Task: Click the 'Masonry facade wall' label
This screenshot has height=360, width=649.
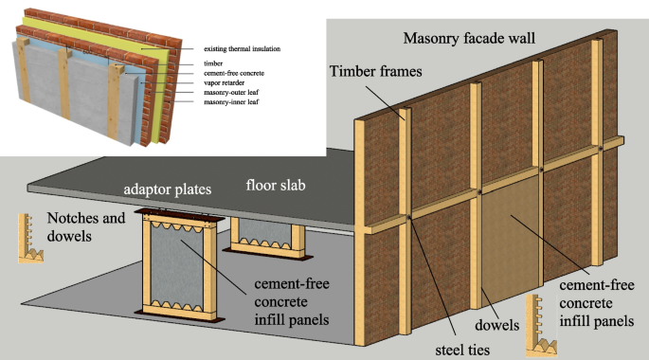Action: pyautogui.click(x=469, y=39)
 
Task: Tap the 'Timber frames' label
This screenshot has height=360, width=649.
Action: pyautogui.click(x=376, y=71)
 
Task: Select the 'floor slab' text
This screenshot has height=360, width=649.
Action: pyautogui.click(x=276, y=185)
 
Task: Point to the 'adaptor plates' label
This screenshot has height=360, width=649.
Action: pyautogui.click(x=167, y=189)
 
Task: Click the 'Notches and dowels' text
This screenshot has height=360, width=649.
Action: pyautogui.click(x=86, y=226)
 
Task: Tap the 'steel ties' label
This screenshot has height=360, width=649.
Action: pyautogui.click(x=462, y=351)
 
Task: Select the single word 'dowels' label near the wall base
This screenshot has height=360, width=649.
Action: pyautogui.click(x=496, y=325)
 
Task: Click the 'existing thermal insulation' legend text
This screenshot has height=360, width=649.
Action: pyautogui.click(x=243, y=49)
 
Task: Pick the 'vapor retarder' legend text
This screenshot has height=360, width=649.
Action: pyautogui.click(x=224, y=82)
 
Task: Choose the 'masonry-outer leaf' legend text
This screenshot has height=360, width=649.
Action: pyautogui.click(x=231, y=92)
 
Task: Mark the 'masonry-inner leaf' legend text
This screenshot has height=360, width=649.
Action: pyautogui.click(x=231, y=101)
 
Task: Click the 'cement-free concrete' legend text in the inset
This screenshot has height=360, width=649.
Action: pyautogui.click(x=234, y=73)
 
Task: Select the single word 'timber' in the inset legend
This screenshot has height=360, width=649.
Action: pyautogui.click(x=213, y=63)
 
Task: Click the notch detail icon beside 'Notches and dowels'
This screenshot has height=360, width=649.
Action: pyautogui.click(x=30, y=239)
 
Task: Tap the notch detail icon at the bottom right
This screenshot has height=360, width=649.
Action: pyautogui.click(x=540, y=326)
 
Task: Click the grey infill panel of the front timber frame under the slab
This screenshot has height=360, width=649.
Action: pyautogui.click(x=177, y=265)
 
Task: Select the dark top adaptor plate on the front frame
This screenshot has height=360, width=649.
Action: pyautogui.click(x=179, y=214)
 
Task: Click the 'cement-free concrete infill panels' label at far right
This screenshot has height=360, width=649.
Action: pyautogui.click(x=597, y=303)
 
